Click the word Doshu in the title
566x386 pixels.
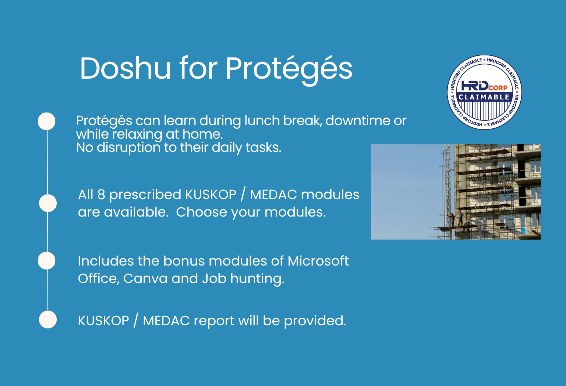(125, 68)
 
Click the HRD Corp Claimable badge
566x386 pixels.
(484, 92)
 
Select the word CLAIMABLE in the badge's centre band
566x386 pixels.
(484, 97)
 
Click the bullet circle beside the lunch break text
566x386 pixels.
(46, 121)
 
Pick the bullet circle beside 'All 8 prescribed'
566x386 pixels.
(48, 203)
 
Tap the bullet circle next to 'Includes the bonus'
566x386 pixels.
(46, 261)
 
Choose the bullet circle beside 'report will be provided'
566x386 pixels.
(48, 320)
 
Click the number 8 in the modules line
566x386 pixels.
(101, 195)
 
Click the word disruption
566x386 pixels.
(128, 148)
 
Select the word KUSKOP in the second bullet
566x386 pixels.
(211, 195)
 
